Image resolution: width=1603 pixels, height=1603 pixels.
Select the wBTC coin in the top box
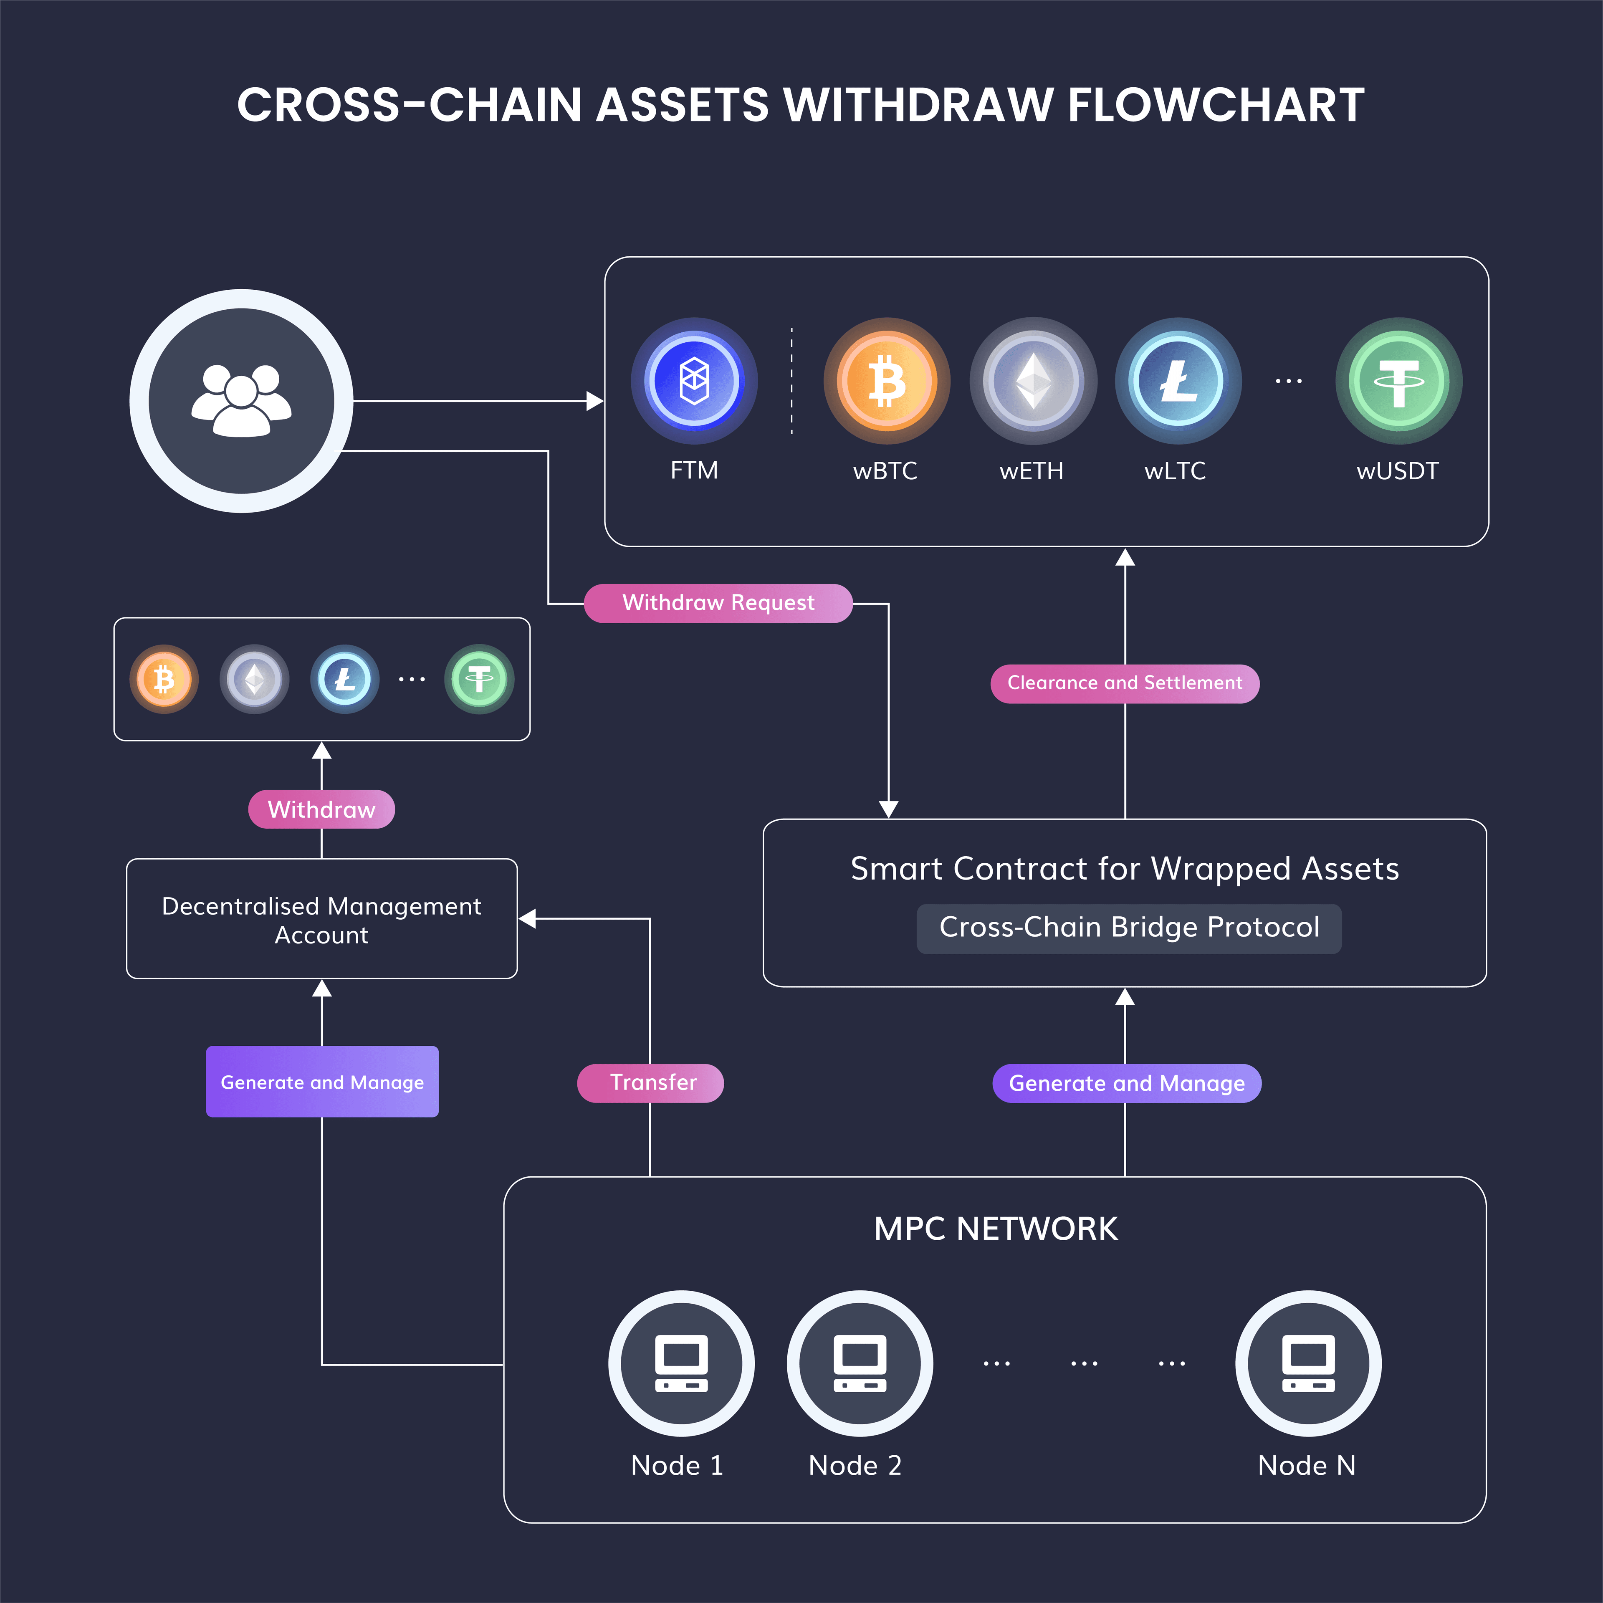pyautogui.click(x=886, y=381)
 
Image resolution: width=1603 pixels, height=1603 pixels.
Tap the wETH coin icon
pyautogui.click(x=1033, y=381)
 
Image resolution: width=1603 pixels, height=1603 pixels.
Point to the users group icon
pyautogui.click(x=241, y=401)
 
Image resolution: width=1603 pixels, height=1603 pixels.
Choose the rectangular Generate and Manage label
pyautogui.click(x=322, y=1082)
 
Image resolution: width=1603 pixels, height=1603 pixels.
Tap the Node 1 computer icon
pyautogui.click(x=681, y=1363)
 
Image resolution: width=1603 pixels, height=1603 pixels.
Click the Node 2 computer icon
pyautogui.click(x=860, y=1363)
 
